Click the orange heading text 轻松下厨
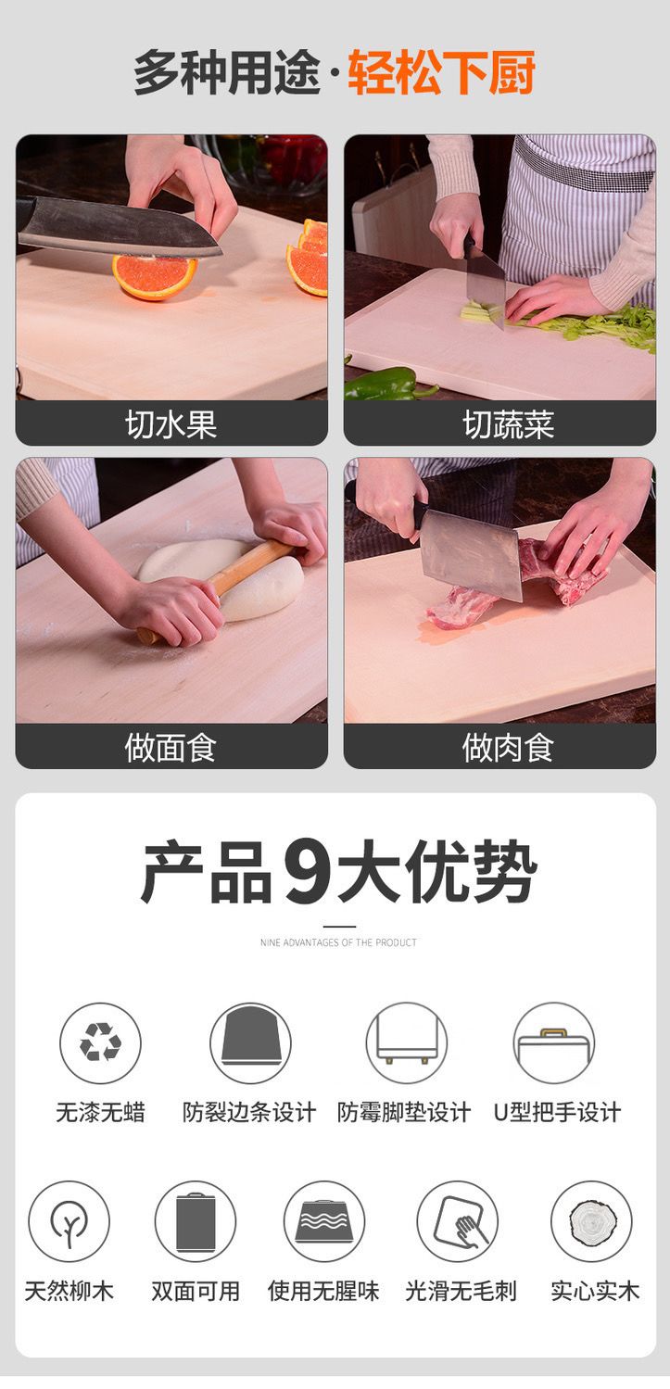click(x=441, y=72)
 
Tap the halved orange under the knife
click(x=154, y=276)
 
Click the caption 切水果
click(x=171, y=424)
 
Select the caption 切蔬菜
click(x=508, y=424)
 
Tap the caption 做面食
click(x=171, y=747)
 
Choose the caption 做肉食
click(x=508, y=747)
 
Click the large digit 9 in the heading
click(x=307, y=872)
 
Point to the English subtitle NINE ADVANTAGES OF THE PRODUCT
click(x=339, y=942)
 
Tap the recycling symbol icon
click(x=100, y=1043)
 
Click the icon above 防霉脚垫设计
click(x=406, y=1043)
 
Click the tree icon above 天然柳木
click(x=69, y=1221)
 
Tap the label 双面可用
click(x=196, y=1291)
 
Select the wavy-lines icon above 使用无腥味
click(x=324, y=1221)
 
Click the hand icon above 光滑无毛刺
click(x=457, y=1221)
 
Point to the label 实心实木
click(x=595, y=1291)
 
